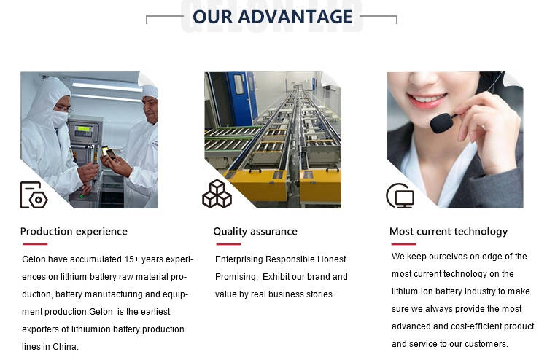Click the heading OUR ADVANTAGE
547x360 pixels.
[273, 17]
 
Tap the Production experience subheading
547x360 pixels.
[74, 232]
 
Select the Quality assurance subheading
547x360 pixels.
[255, 232]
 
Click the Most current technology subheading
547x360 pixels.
[449, 232]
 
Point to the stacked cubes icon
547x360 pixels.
[217, 194]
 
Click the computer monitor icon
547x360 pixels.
[400, 195]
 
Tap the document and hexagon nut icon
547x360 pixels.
[34, 195]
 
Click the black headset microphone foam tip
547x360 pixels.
[441, 122]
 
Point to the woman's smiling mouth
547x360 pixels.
[427, 100]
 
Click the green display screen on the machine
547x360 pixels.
[84, 128]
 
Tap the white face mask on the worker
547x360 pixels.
[58, 119]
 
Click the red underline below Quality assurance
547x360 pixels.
[228, 244]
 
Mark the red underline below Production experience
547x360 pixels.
[34, 244]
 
